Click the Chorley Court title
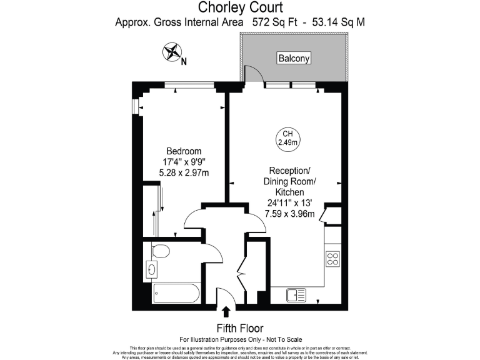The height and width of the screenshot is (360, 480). [240, 7]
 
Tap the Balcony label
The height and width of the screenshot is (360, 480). [294, 59]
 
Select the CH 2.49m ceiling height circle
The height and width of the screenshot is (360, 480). [288, 138]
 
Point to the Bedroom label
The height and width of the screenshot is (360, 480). [184, 151]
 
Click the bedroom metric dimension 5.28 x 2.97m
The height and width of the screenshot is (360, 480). [184, 172]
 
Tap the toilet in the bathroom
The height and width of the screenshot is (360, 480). [160, 251]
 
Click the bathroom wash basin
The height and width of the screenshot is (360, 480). [153, 269]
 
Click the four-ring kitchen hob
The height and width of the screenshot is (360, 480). [332, 258]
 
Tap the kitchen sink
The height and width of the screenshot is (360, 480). [296, 294]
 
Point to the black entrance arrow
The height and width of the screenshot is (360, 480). [226, 311]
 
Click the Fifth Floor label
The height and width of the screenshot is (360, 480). [240, 328]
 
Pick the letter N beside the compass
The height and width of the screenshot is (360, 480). [184, 61]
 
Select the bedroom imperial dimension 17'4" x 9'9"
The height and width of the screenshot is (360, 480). [184, 162]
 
